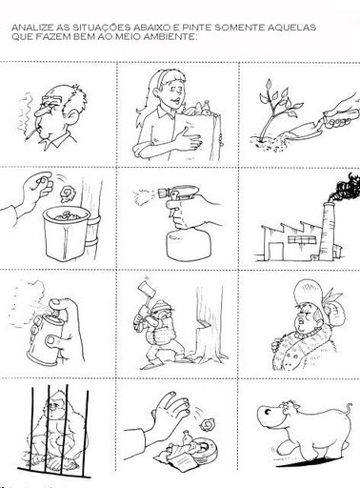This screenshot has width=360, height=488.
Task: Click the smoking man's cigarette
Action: point(31,133)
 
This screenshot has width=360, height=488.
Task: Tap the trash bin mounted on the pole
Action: point(67,234)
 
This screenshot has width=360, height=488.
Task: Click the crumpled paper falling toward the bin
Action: point(68,193)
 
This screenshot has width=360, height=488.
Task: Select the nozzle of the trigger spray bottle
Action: point(163,192)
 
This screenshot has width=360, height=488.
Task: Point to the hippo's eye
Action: point(267,413)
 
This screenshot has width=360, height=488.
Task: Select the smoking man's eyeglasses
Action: point(50,104)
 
